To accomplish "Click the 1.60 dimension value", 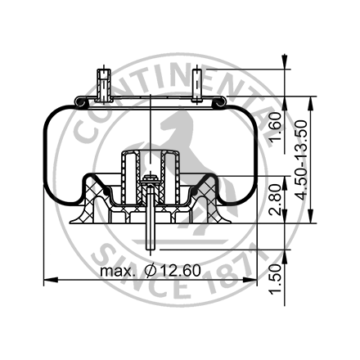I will click(276, 128).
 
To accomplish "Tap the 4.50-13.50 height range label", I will click(304, 160).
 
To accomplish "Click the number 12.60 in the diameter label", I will click(179, 270).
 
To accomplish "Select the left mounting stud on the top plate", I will click(101, 85).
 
